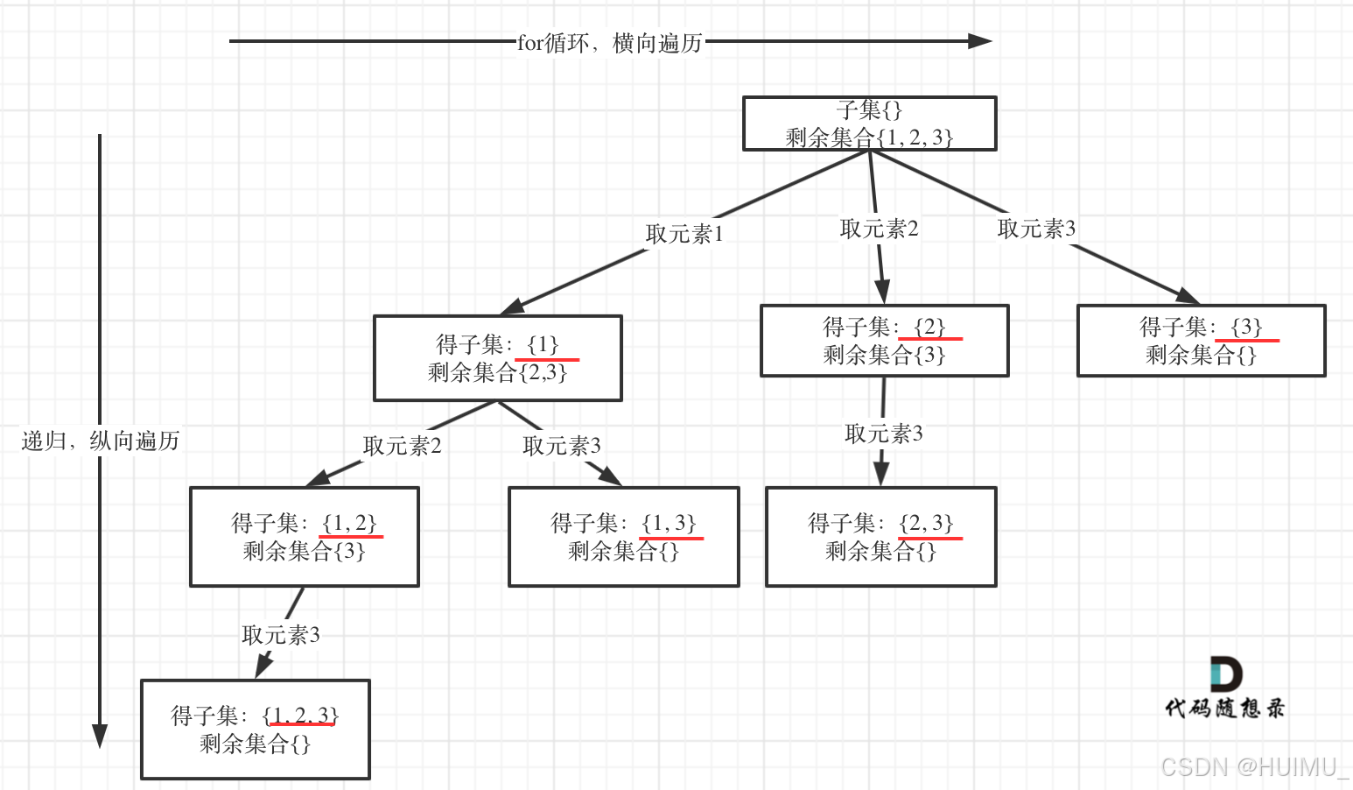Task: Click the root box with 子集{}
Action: coord(869,123)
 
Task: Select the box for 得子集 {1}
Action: coord(497,358)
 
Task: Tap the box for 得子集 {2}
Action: coord(884,341)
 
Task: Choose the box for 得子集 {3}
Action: coord(1201,341)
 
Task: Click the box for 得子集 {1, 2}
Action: coord(304,537)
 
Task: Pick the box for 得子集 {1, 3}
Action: coord(623,537)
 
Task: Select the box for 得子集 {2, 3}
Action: coord(880,537)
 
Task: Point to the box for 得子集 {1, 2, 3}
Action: coord(255,730)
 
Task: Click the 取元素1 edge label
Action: coord(684,234)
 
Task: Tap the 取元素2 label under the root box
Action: coord(879,229)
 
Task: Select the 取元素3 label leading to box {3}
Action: coord(1036,229)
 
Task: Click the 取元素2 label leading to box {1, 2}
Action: coord(402,446)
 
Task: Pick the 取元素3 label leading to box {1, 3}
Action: coord(562,446)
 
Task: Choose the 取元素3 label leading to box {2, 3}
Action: coord(883,434)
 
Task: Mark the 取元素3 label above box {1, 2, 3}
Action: coord(280,635)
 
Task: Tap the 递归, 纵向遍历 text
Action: coord(100,441)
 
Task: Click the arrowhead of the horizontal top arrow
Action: coord(981,41)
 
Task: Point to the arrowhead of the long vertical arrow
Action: coord(100,736)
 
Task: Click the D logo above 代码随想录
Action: coord(1225,674)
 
